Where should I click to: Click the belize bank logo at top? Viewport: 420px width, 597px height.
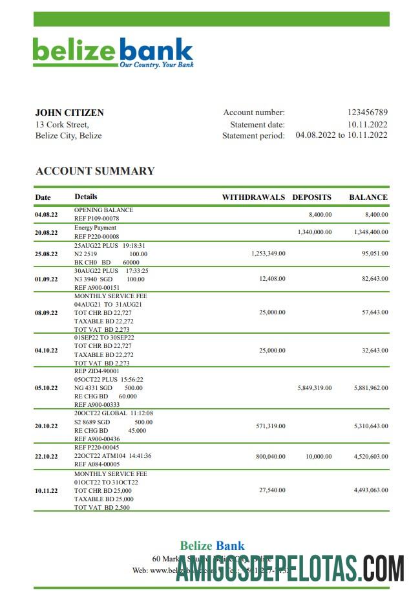(113, 52)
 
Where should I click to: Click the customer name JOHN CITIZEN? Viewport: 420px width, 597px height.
(69, 113)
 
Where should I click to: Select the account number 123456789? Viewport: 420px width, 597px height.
(367, 113)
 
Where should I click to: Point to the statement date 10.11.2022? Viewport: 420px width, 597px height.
(367, 124)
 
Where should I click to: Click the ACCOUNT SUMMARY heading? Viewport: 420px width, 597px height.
(95, 171)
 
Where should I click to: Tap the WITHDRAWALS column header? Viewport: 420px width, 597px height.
(253, 197)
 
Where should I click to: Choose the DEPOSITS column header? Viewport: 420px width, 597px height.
(311, 197)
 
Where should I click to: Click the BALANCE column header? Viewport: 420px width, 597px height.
(368, 197)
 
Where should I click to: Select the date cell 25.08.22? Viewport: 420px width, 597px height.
(46, 254)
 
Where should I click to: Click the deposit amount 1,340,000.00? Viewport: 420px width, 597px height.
(315, 232)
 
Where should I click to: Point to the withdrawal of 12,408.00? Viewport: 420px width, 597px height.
(272, 279)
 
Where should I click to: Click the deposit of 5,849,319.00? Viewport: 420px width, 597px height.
(315, 388)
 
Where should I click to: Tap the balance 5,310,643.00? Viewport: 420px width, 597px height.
(371, 426)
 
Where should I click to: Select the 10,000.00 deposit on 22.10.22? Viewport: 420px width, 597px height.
(319, 456)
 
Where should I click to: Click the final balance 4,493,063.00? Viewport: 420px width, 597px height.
(371, 491)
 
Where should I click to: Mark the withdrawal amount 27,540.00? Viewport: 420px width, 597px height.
(272, 491)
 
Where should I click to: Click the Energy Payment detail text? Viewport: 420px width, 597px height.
(95, 228)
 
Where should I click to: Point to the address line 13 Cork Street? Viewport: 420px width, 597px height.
(62, 124)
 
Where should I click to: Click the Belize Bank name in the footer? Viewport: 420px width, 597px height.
(212, 546)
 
